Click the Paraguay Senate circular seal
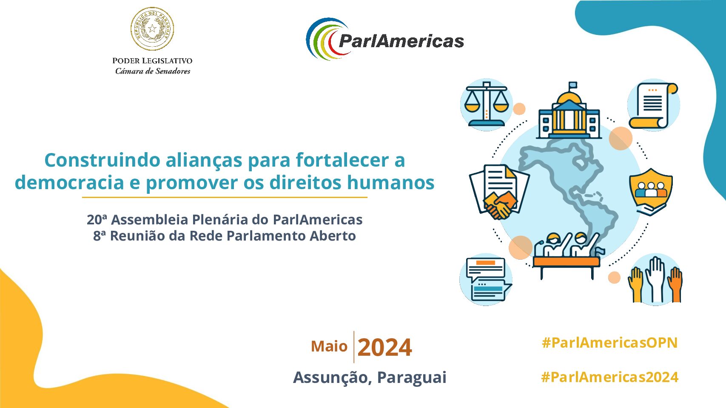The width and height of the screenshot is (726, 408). [x=152, y=29]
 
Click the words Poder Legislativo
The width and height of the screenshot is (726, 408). [x=152, y=60]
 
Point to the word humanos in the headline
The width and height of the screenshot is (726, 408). [x=390, y=182]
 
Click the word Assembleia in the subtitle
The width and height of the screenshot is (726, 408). [x=149, y=220]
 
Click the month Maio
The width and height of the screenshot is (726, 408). [x=329, y=346]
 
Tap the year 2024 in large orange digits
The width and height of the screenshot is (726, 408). [x=385, y=348]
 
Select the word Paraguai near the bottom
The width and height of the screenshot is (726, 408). [x=412, y=377]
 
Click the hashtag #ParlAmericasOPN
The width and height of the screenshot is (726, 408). [x=609, y=343]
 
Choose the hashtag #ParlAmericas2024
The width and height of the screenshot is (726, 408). [x=609, y=377]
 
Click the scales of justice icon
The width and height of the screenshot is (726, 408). [x=486, y=104]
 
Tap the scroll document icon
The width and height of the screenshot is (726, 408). [x=653, y=105]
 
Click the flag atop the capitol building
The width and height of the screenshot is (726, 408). [x=573, y=85]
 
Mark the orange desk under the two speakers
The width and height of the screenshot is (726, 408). [x=566, y=262]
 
